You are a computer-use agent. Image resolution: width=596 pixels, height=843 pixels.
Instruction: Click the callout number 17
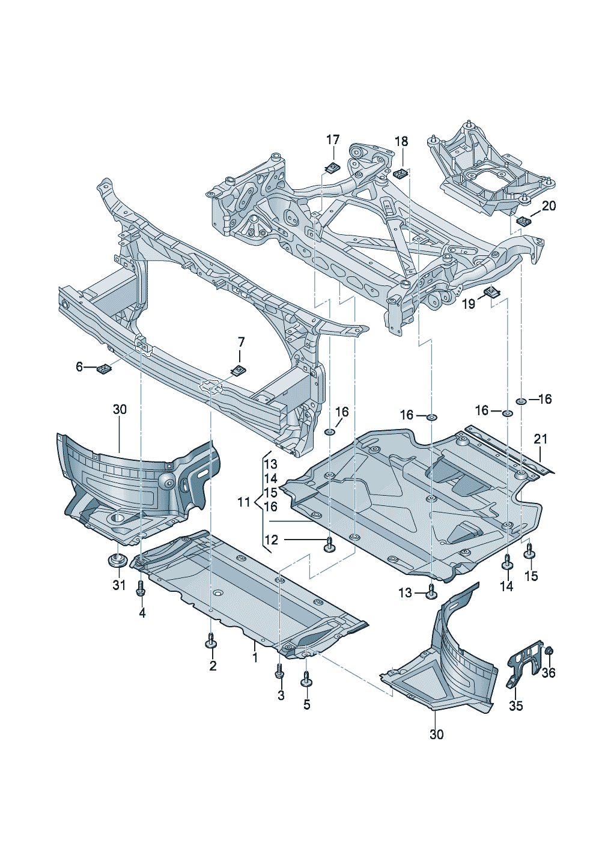pos(333,140)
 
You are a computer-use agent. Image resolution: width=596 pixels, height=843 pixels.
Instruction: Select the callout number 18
pos(401,141)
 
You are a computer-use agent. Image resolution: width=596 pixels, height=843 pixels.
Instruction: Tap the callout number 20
pos(549,206)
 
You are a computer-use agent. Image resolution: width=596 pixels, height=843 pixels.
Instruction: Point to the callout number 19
pos(469,304)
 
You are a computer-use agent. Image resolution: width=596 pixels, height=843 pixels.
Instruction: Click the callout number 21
pos(541,439)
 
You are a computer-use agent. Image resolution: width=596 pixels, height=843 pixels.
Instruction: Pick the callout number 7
pos(242,342)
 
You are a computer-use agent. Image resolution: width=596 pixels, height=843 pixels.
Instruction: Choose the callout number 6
pos(79,367)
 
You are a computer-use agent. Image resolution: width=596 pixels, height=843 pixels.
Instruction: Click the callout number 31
pos(119,585)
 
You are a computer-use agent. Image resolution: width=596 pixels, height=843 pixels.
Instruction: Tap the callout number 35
pos(516,706)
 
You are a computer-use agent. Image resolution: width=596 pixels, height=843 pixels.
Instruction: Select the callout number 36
pos(549,673)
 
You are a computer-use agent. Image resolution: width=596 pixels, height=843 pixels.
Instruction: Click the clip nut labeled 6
pos(105,368)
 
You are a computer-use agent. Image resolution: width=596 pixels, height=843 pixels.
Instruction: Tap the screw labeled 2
pos(210,641)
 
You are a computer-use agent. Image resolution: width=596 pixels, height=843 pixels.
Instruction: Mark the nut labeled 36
pos(549,651)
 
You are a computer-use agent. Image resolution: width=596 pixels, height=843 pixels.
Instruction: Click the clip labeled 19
pos(493,293)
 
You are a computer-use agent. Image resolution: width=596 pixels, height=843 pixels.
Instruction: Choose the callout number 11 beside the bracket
pos(243,502)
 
